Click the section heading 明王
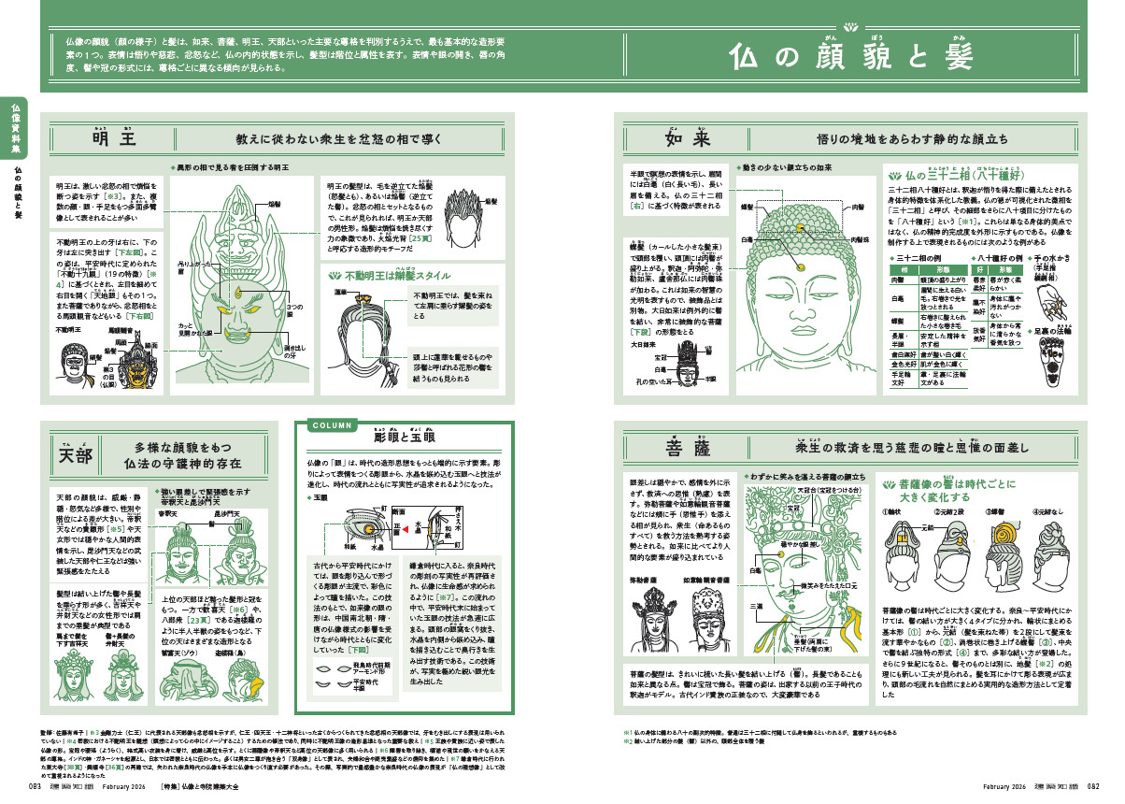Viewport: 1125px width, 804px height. [x=114, y=139]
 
